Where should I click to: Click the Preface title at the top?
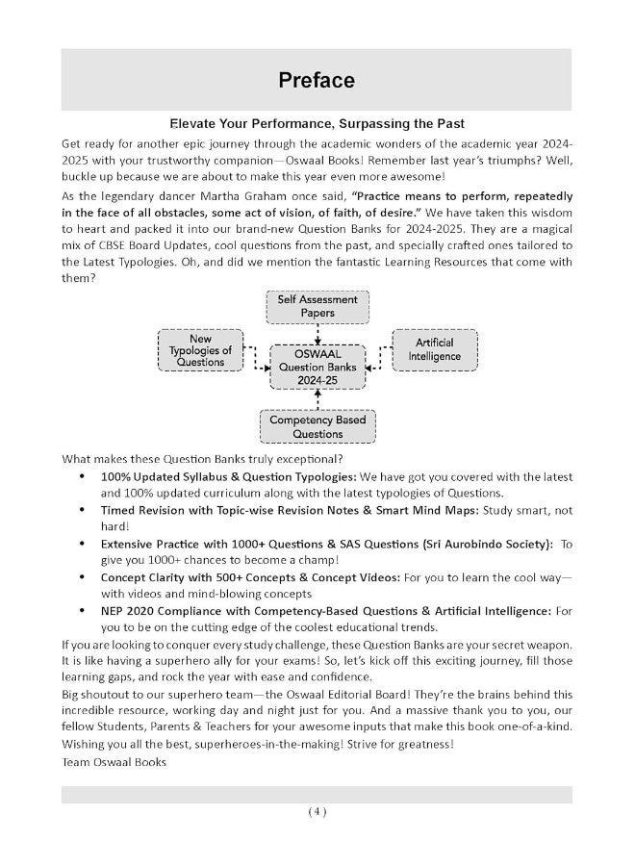(317, 81)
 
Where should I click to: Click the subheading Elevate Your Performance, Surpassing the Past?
(317, 124)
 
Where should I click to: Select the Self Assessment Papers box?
(317, 306)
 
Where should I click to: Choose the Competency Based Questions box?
(317, 427)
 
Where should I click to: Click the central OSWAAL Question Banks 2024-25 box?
(317, 367)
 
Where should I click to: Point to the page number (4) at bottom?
(317, 811)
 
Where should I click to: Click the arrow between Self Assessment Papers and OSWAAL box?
(317, 333)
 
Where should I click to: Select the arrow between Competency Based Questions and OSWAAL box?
(317, 400)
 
